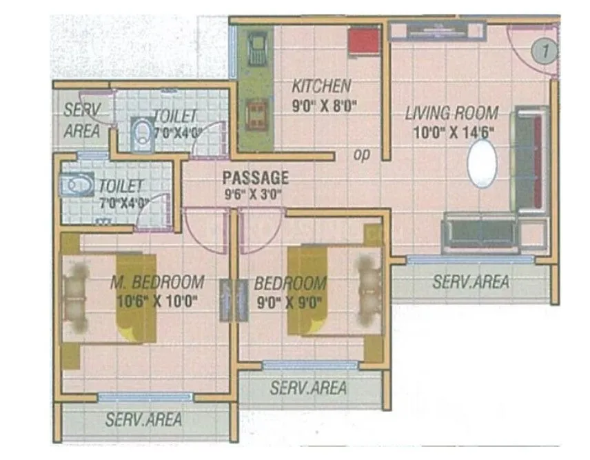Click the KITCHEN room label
[321, 87]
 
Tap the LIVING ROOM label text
[451, 113]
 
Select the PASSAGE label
[255, 177]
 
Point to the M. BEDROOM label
[158, 282]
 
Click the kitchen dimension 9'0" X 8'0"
[326, 106]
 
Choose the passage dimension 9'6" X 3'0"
[253, 194]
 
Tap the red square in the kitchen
[363, 41]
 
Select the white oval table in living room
[482, 163]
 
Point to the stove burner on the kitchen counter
[258, 112]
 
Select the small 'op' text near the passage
[361, 155]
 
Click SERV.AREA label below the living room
[471, 281]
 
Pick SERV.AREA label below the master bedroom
[144, 419]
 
